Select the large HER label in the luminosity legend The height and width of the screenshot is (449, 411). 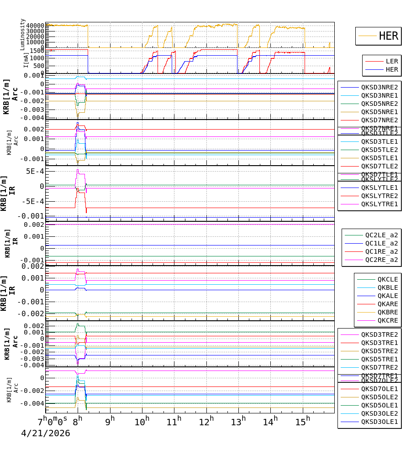[388, 36]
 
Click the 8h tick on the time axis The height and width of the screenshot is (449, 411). [78, 419]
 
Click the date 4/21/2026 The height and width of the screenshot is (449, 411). [46, 433]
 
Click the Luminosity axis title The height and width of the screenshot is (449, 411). [22, 34]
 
